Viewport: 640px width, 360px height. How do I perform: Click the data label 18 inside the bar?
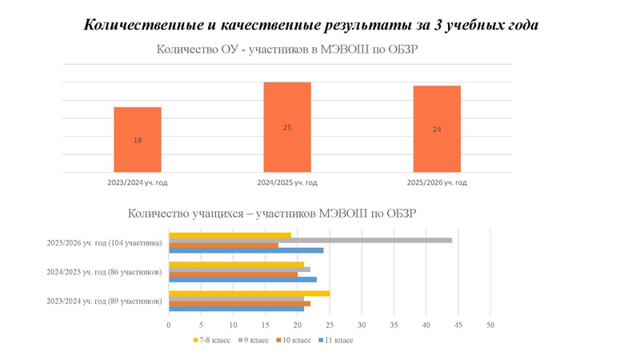pos(138,141)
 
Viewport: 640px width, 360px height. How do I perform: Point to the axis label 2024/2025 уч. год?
pos(287,183)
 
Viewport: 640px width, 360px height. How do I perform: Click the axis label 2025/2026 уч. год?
pos(437,183)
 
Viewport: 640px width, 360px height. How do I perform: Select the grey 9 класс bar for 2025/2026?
pos(310,240)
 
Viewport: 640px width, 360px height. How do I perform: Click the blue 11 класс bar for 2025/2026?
pos(246,250)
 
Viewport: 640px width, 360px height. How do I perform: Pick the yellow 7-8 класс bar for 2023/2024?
pos(249,294)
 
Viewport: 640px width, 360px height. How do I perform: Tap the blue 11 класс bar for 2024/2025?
pos(242,279)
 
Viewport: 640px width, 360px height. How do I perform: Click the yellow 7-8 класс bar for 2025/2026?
pos(230,235)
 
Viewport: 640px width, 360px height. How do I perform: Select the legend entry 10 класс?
pos(296,340)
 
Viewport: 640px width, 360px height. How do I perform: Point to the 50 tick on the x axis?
pos(490,326)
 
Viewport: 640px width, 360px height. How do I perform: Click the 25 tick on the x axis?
pos(330,326)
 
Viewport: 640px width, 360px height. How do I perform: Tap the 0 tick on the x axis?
pos(169,326)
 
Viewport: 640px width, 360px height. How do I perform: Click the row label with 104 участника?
pos(104,242)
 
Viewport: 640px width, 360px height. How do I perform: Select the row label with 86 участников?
pos(104,272)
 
